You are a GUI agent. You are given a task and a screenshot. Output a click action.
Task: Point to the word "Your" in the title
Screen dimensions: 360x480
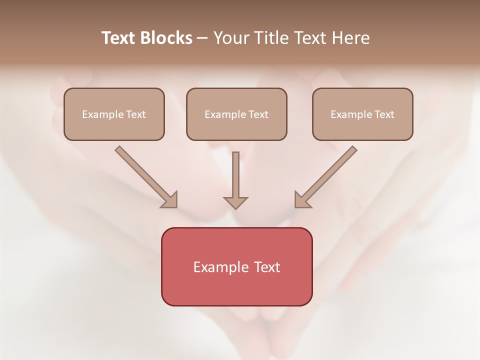coord(230,38)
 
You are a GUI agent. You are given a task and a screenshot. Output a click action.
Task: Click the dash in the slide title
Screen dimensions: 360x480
coord(202,38)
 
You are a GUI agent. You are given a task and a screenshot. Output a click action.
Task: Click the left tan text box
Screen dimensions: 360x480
coord(114,114)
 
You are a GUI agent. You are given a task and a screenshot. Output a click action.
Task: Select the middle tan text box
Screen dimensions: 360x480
coord(236,114)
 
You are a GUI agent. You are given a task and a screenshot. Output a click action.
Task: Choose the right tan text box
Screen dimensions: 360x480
coord(362,114)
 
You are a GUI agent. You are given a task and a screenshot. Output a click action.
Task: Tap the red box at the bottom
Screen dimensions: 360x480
coord(236,266)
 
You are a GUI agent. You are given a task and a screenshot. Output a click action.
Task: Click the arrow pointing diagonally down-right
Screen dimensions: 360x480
coord(145,175)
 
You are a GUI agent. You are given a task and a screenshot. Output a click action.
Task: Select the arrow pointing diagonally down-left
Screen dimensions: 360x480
coord(327,175)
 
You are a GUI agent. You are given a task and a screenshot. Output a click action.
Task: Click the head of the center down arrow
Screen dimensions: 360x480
coord(235,202)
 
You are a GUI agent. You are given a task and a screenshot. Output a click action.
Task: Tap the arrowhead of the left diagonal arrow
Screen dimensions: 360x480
coord(170,200)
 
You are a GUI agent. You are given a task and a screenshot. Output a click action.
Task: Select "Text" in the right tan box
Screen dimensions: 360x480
coord(384,114)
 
